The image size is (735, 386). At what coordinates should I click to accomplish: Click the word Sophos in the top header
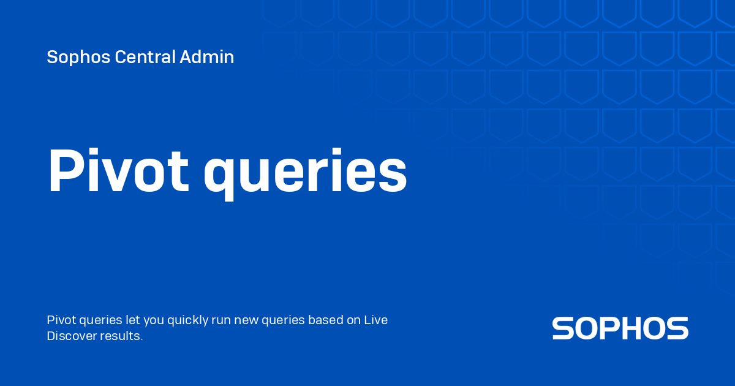(x=78, y=58)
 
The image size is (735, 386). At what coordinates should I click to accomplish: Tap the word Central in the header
(x=145, y=57)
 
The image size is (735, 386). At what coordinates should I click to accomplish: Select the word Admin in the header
(x=207, y=57)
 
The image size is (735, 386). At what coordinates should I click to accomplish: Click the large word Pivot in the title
(x=119, y=170)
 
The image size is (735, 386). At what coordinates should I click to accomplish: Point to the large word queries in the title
(x=305, y=174)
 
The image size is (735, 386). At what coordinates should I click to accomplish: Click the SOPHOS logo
(x=620, y=328)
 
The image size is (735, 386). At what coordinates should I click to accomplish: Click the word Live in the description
(x=375, y=320)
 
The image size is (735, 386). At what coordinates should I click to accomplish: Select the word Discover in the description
(x=72, y=336)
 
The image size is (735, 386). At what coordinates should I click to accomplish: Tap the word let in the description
(x=132, y=320)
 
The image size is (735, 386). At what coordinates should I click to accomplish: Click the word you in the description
(x=154, y=321)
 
